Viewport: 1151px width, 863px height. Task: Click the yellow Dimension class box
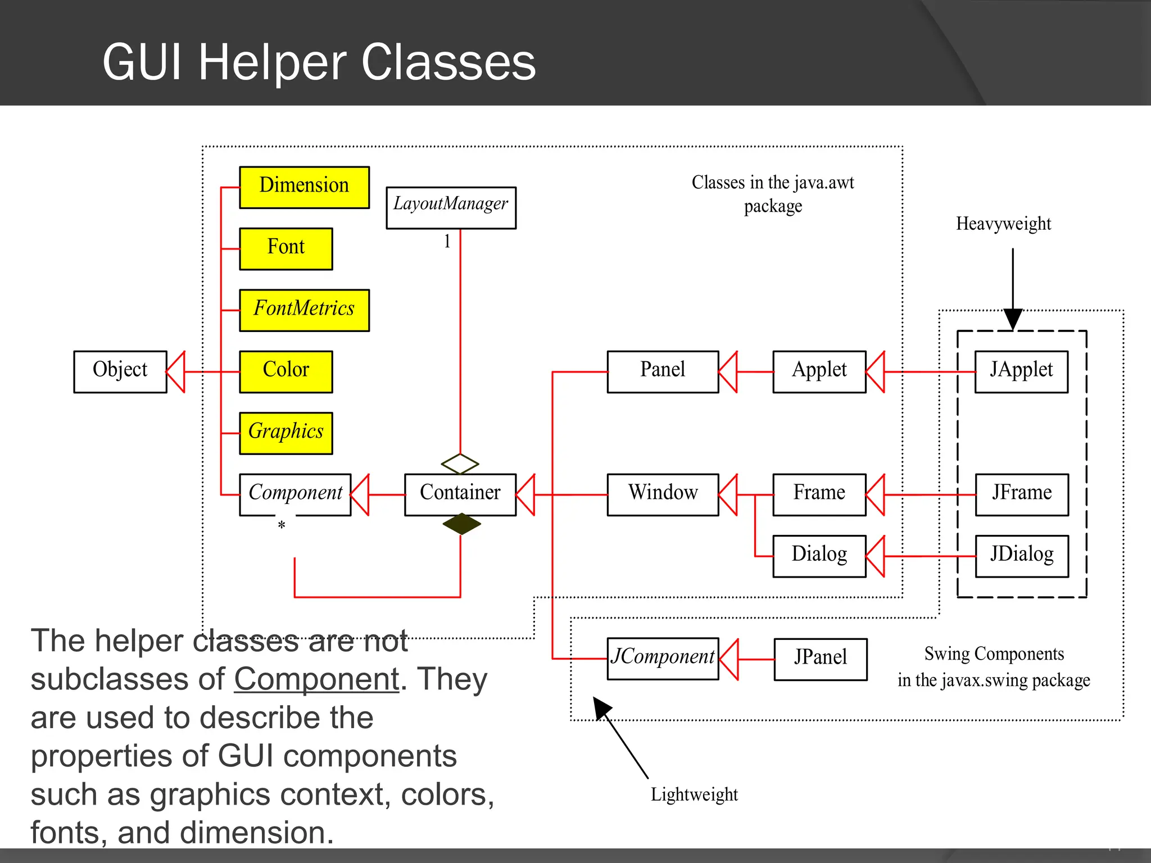(304, 187)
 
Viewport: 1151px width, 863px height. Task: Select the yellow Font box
(286, 248)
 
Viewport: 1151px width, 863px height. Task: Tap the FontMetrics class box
(304, 310)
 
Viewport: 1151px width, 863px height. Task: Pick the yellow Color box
(286, 371)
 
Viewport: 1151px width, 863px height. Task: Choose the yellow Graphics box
(286, 433)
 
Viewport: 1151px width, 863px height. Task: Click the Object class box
(120, 371)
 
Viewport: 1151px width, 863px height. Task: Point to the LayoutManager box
(451, 207)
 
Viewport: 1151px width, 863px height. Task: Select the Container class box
(460, 494)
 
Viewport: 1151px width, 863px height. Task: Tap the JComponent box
(663, 658)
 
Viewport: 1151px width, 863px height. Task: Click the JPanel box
(820, 658)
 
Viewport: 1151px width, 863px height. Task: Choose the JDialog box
(1021, 556)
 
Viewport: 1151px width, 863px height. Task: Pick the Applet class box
(819, 371)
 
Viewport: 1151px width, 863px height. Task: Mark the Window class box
(663, 494)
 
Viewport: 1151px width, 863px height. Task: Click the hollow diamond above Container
(460, 464)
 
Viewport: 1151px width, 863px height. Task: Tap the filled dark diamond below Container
(461, 524)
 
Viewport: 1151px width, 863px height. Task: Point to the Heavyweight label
(1003, 224)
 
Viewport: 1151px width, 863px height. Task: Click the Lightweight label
(694, 794)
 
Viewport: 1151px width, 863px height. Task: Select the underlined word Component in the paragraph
(316, 679)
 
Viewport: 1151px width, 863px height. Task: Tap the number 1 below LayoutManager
(447, 242)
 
